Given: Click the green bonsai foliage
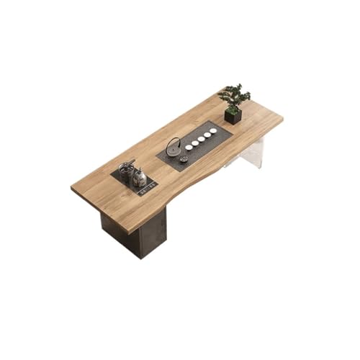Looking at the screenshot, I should point(234,95).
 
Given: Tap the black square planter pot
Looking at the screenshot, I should point(233,115).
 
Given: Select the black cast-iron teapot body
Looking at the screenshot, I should point(174,150).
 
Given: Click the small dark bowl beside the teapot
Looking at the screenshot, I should point(184,158).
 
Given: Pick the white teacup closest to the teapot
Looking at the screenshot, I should point(189,147).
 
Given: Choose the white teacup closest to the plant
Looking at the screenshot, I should point(213,131).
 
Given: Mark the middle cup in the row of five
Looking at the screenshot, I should point(201,139).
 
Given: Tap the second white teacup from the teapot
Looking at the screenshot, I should point(195,143).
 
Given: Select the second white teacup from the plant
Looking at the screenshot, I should point(207,135).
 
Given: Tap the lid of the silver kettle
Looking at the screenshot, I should point(140,172).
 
